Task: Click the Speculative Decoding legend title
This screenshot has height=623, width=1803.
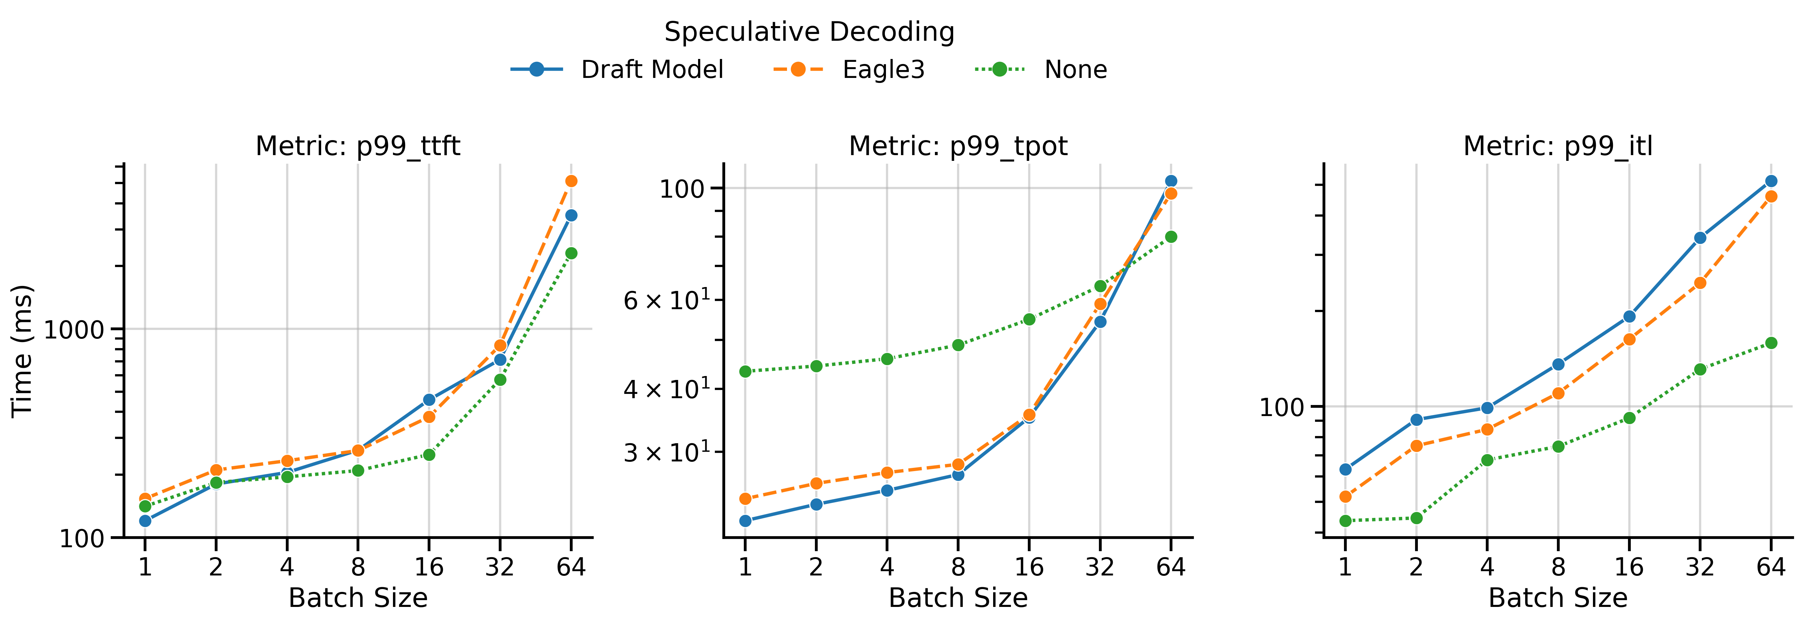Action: pos(809,31)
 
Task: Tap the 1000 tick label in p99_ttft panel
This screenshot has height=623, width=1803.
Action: pos(74,329)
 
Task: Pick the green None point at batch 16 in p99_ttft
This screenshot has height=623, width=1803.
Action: pos(429,455)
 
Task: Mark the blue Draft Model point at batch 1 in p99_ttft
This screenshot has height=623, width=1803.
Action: pos(145,521)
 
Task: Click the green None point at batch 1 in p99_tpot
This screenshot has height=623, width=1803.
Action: pos(746,372)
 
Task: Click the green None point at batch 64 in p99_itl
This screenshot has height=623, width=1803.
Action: pos(1771,343)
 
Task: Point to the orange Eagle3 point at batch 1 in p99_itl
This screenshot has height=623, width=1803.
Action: pos(1345,497)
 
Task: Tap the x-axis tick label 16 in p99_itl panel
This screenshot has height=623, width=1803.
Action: pos(1629,566)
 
